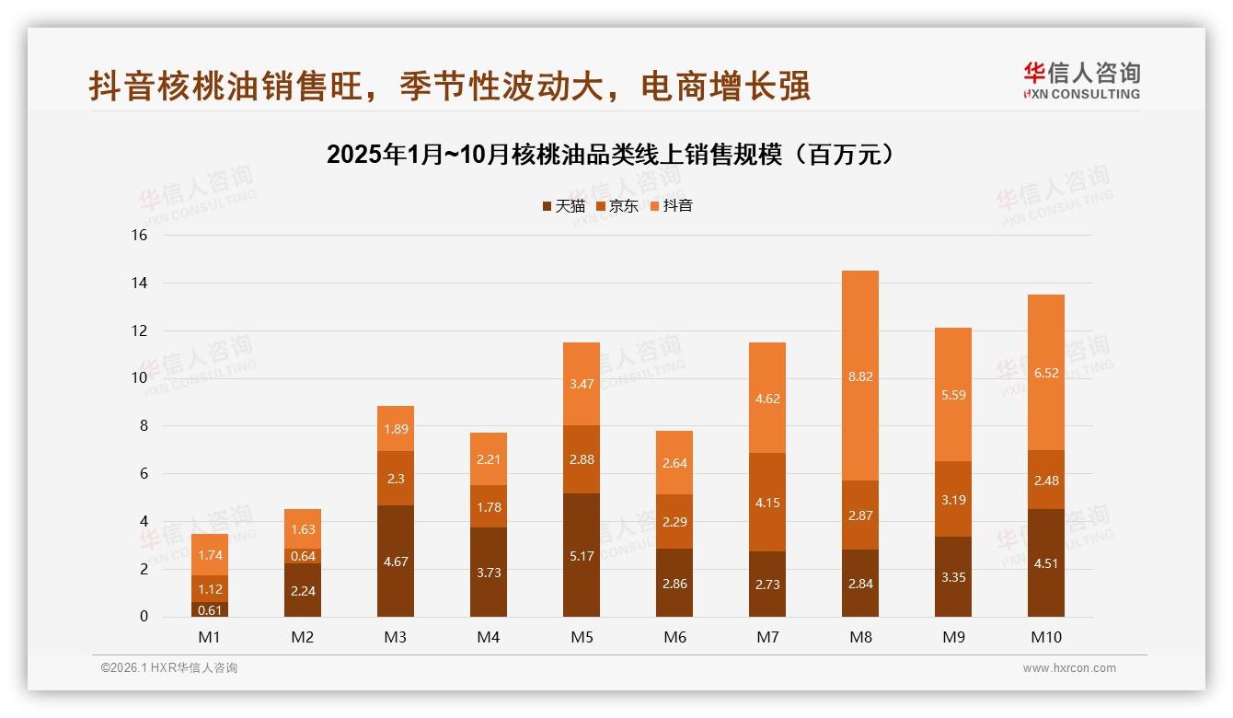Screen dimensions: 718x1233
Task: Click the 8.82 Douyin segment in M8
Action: pyautogui.click(x=859, y=376)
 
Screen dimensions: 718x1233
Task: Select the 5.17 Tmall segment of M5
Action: pyautogui.click(x=581, y=555)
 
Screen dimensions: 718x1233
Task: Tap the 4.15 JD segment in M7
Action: pyautogui.click(x=766, y=502)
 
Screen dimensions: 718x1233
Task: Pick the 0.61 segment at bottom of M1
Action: pyautogui.click(x=209, y=609)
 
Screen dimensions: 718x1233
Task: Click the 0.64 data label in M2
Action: pyautogui.click(x=302, y=556)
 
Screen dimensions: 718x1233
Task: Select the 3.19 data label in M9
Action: pyautogui.click(x=952, y=500)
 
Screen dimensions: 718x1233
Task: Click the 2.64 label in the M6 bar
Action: pyautogui.click(x=674, y=463)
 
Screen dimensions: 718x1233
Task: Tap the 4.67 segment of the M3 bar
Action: pyautogui.click(x=395, y=561)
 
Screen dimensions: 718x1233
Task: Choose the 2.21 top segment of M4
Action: pyautogui.click(x=488, y=459)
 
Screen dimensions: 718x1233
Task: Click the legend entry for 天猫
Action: pyautogui.click(x=563, y=206)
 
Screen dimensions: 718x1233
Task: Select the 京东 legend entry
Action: pyautogui.click(x=617, y=206)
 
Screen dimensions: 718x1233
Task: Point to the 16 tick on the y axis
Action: pyautogui.click(x=139, y=236)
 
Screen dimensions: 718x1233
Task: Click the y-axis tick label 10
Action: pyautogui.click(x=139, y=378)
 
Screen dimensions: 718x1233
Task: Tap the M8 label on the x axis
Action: pyautogui.click(x=859, y=637)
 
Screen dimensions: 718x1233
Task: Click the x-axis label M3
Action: pyautogui.click(x=395, y=637)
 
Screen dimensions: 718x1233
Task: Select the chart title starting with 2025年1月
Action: pyautogui.click(x=611, y=155)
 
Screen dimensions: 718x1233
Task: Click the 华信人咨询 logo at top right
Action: pyautogui.click(x=1081, y=80)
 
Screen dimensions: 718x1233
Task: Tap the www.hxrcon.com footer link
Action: pyautogui.click(x=1069, y=668)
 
